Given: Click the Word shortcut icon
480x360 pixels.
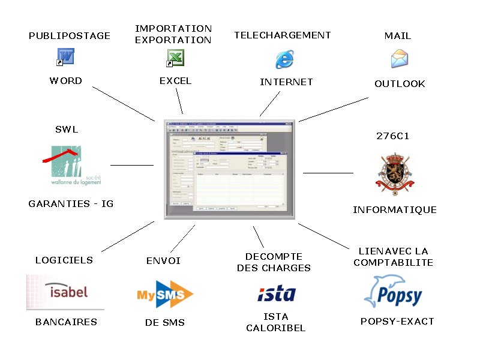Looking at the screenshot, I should click(x=65, y=58).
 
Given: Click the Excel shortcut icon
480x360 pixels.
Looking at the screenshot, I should click(x=175, y=58).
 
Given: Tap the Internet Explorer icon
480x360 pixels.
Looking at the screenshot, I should click(x=284, y=59).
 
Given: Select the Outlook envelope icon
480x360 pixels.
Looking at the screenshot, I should click(x=399, y=59).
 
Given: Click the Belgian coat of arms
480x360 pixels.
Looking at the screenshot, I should click(x=394, y=174).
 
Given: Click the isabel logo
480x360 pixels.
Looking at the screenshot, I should click(x=65, y=292).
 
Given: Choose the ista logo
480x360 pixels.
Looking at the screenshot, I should click(x=277, y=293).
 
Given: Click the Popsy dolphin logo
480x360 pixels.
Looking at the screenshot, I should click(x=393, y=292).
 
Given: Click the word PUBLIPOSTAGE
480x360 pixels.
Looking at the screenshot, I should click(x=70, y=36).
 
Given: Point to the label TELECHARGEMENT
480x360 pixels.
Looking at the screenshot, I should click(x=283, y=35).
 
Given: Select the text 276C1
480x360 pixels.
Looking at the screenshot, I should click(x=393, y=136).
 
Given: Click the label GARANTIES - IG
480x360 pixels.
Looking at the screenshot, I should click(x=71, y=204).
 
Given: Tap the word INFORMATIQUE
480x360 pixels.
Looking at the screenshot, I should click(x=394, y=210).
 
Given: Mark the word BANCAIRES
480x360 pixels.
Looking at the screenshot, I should click(x=66, y=322).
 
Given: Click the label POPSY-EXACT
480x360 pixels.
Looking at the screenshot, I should click(x=397, y=322).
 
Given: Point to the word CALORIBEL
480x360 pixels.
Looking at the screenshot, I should click(x=275, y=328).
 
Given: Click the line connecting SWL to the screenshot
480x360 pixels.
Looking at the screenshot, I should click(x=132, y=165).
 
